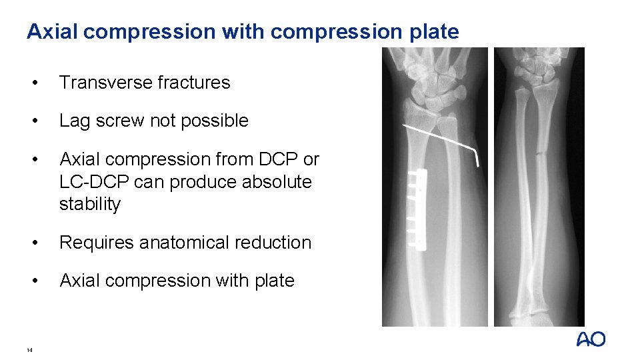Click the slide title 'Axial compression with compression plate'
click(x=243, y=31)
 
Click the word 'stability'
click(x=90, y=204)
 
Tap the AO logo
click(x=591, y=339)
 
